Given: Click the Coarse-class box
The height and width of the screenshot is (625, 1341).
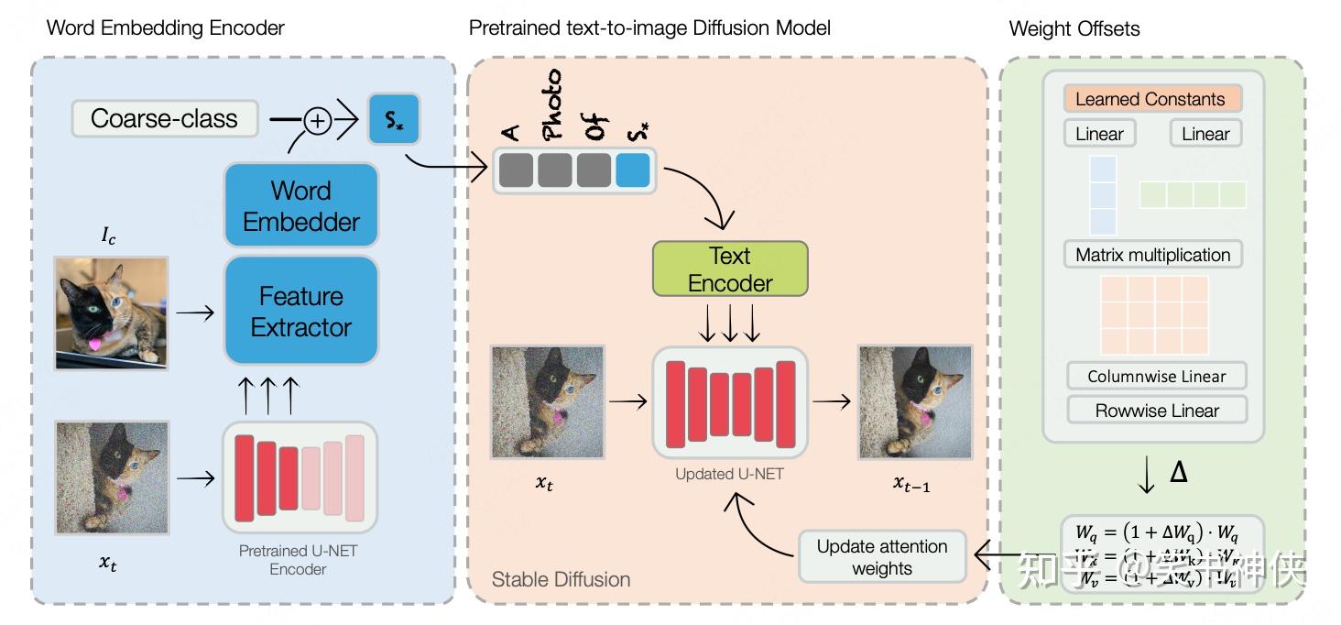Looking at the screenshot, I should click(x=164, y=119).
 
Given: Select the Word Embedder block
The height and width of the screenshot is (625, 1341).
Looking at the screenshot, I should click(x=301, y=206).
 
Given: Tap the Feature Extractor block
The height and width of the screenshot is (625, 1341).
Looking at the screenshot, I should click(x=301, y=312).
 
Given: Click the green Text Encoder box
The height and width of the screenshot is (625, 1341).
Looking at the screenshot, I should click(x=730, y=269).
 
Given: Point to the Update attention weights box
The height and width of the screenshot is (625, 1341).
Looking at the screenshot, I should click(x=882, y=557).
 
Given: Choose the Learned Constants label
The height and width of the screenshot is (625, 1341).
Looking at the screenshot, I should click(x=1150, y=99).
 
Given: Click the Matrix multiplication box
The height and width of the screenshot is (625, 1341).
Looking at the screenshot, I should click(x=1152, y=255).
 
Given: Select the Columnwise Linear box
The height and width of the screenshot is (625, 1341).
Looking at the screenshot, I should click(x=1158, y=377).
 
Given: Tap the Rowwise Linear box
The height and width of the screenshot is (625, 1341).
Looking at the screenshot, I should click(x=1157, y=411).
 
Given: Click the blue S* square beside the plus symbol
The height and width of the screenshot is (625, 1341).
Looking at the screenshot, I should click(x=394, y=119).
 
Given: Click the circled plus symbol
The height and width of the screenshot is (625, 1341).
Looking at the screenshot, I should click(x=317, y=121).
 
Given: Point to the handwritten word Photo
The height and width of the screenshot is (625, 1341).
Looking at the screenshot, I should click(x=551, y=104).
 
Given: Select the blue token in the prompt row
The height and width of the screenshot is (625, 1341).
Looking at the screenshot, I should click(x=633, y=171).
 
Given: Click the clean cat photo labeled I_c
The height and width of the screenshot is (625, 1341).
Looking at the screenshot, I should click(x=112, y=312).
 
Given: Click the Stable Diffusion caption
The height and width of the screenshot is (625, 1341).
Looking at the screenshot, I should click(x=561, y=579).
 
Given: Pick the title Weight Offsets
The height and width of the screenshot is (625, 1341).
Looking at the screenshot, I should click(x=1074, y=28).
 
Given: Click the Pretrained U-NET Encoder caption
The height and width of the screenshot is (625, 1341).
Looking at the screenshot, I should click(x=298, y=560).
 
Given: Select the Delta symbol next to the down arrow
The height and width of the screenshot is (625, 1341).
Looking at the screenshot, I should click(x=1179, y=472).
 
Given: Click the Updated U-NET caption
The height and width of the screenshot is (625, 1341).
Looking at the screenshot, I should click(x=729, y=474).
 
